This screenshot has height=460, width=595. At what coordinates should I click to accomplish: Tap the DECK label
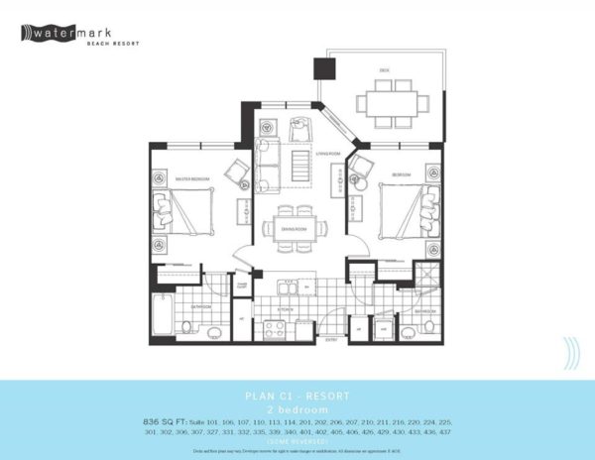pyautogui.click(x=383, y=69)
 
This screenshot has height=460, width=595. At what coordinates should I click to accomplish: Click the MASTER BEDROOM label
pyautogui.click(x=190, y=178)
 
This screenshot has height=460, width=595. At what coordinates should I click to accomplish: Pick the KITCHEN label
pyautogui.click(x=281, y=308)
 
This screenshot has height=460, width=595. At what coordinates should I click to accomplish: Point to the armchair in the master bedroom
pyautogui.click(x=236, y=171)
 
